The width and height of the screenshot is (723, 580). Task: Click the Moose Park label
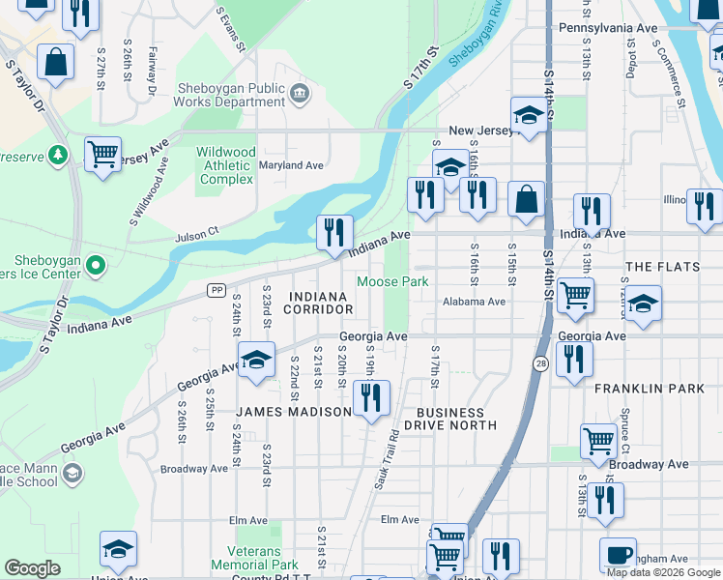tap(392, 282)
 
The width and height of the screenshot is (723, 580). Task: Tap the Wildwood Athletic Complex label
tap(226, 165)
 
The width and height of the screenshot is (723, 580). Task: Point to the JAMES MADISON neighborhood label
tap(294, 412)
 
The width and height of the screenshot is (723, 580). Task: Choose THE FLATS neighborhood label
tap(666, 266)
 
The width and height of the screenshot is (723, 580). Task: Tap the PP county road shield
tap(217, 290)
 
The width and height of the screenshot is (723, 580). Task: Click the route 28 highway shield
tap(539, 362)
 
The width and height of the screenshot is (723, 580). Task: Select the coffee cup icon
tap(618, 555)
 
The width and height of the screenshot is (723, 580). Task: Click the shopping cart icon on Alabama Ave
tap(575, 294)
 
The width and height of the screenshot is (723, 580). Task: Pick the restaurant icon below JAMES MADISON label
tap(371, 397)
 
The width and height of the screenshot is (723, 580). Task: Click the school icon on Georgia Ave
tap(256, 360)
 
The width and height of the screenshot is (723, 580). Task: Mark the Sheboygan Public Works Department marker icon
tap(300, 94)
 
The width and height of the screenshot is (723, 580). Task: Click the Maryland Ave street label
tap(291, 165)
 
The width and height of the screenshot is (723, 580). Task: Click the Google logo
tap(32, 568)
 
